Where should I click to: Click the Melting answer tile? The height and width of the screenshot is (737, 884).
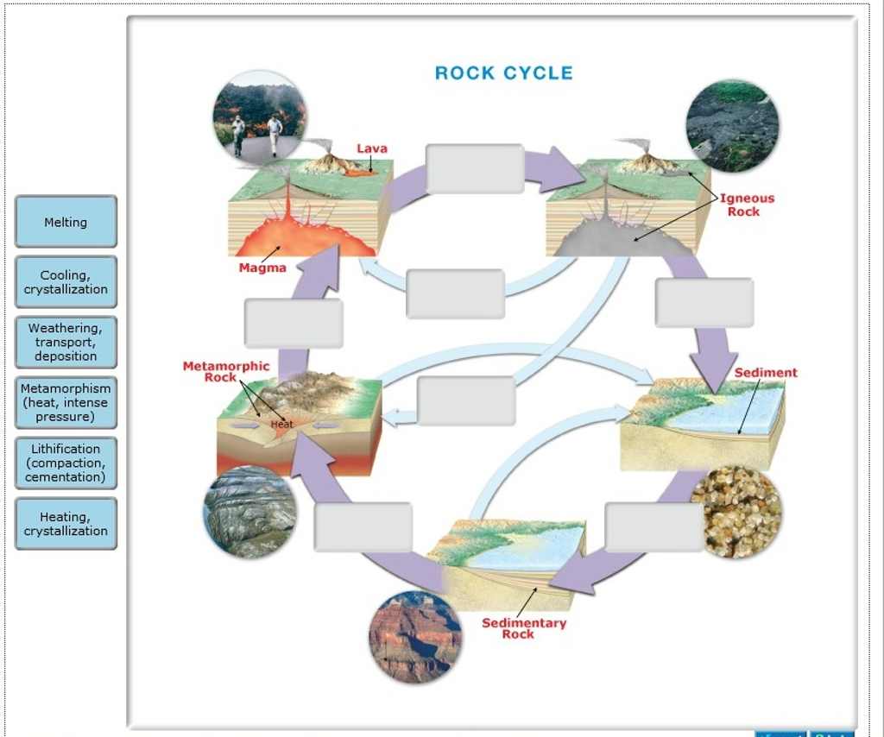[x=66, y=222]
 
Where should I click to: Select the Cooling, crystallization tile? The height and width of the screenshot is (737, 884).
[x=66, y=282]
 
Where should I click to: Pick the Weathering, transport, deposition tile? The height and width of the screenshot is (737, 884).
[x=66, y=342]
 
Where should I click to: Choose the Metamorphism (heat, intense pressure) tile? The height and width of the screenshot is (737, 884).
[x=66, y=403]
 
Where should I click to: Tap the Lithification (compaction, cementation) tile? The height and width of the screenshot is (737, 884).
[x=66, y=463]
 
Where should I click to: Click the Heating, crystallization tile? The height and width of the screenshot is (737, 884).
[x=66, y=524]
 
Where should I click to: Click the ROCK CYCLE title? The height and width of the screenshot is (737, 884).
[x=503, y=73]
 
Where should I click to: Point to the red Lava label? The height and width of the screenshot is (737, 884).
[x=372, y=148]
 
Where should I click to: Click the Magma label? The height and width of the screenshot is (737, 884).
[x=262, y=268]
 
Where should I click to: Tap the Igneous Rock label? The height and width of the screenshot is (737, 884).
[x=748, y=205]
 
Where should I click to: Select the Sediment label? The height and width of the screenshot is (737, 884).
[x=766, y=373]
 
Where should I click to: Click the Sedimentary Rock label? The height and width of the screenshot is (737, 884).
[x=523, y=628]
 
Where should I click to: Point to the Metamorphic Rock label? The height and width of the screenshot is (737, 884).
[x=225, y=372]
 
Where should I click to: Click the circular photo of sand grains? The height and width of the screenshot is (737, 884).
[x=736, y=512]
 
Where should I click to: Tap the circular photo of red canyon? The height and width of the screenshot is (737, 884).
[x=415, y=637]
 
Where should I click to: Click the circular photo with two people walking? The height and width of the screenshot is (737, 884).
[x=259, y=117]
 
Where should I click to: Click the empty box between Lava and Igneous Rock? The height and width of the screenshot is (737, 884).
[x=475, y=169]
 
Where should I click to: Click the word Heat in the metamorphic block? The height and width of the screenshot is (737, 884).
[x=282, y=424]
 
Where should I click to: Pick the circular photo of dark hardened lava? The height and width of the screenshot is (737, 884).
[x=732, y=126]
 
